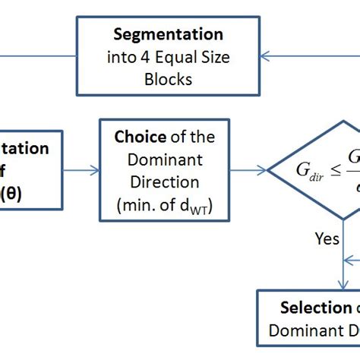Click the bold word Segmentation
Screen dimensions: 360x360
[x=169, y=35]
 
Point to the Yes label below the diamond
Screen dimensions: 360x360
[x=327, y=238]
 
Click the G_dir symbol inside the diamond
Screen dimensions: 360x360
[x=311, y=171]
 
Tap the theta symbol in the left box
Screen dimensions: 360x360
[x=33, y=193]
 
